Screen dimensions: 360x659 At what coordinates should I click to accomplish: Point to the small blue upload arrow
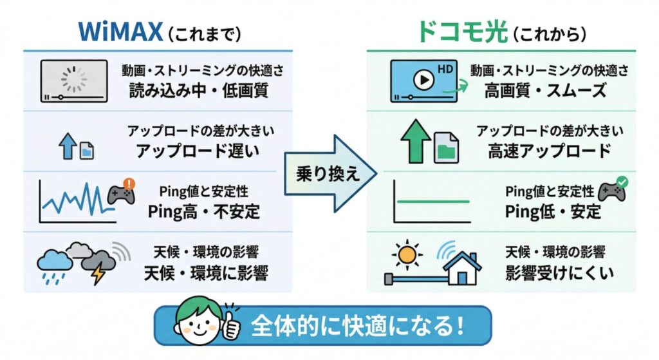coord(67,147)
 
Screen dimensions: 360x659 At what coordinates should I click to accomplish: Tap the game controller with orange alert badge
coord(120,193)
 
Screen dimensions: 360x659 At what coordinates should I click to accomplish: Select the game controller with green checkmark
coord(612,191)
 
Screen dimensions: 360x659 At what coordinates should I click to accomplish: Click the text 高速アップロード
coord(549,151)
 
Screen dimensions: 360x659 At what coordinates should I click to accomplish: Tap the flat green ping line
coord(433,202)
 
